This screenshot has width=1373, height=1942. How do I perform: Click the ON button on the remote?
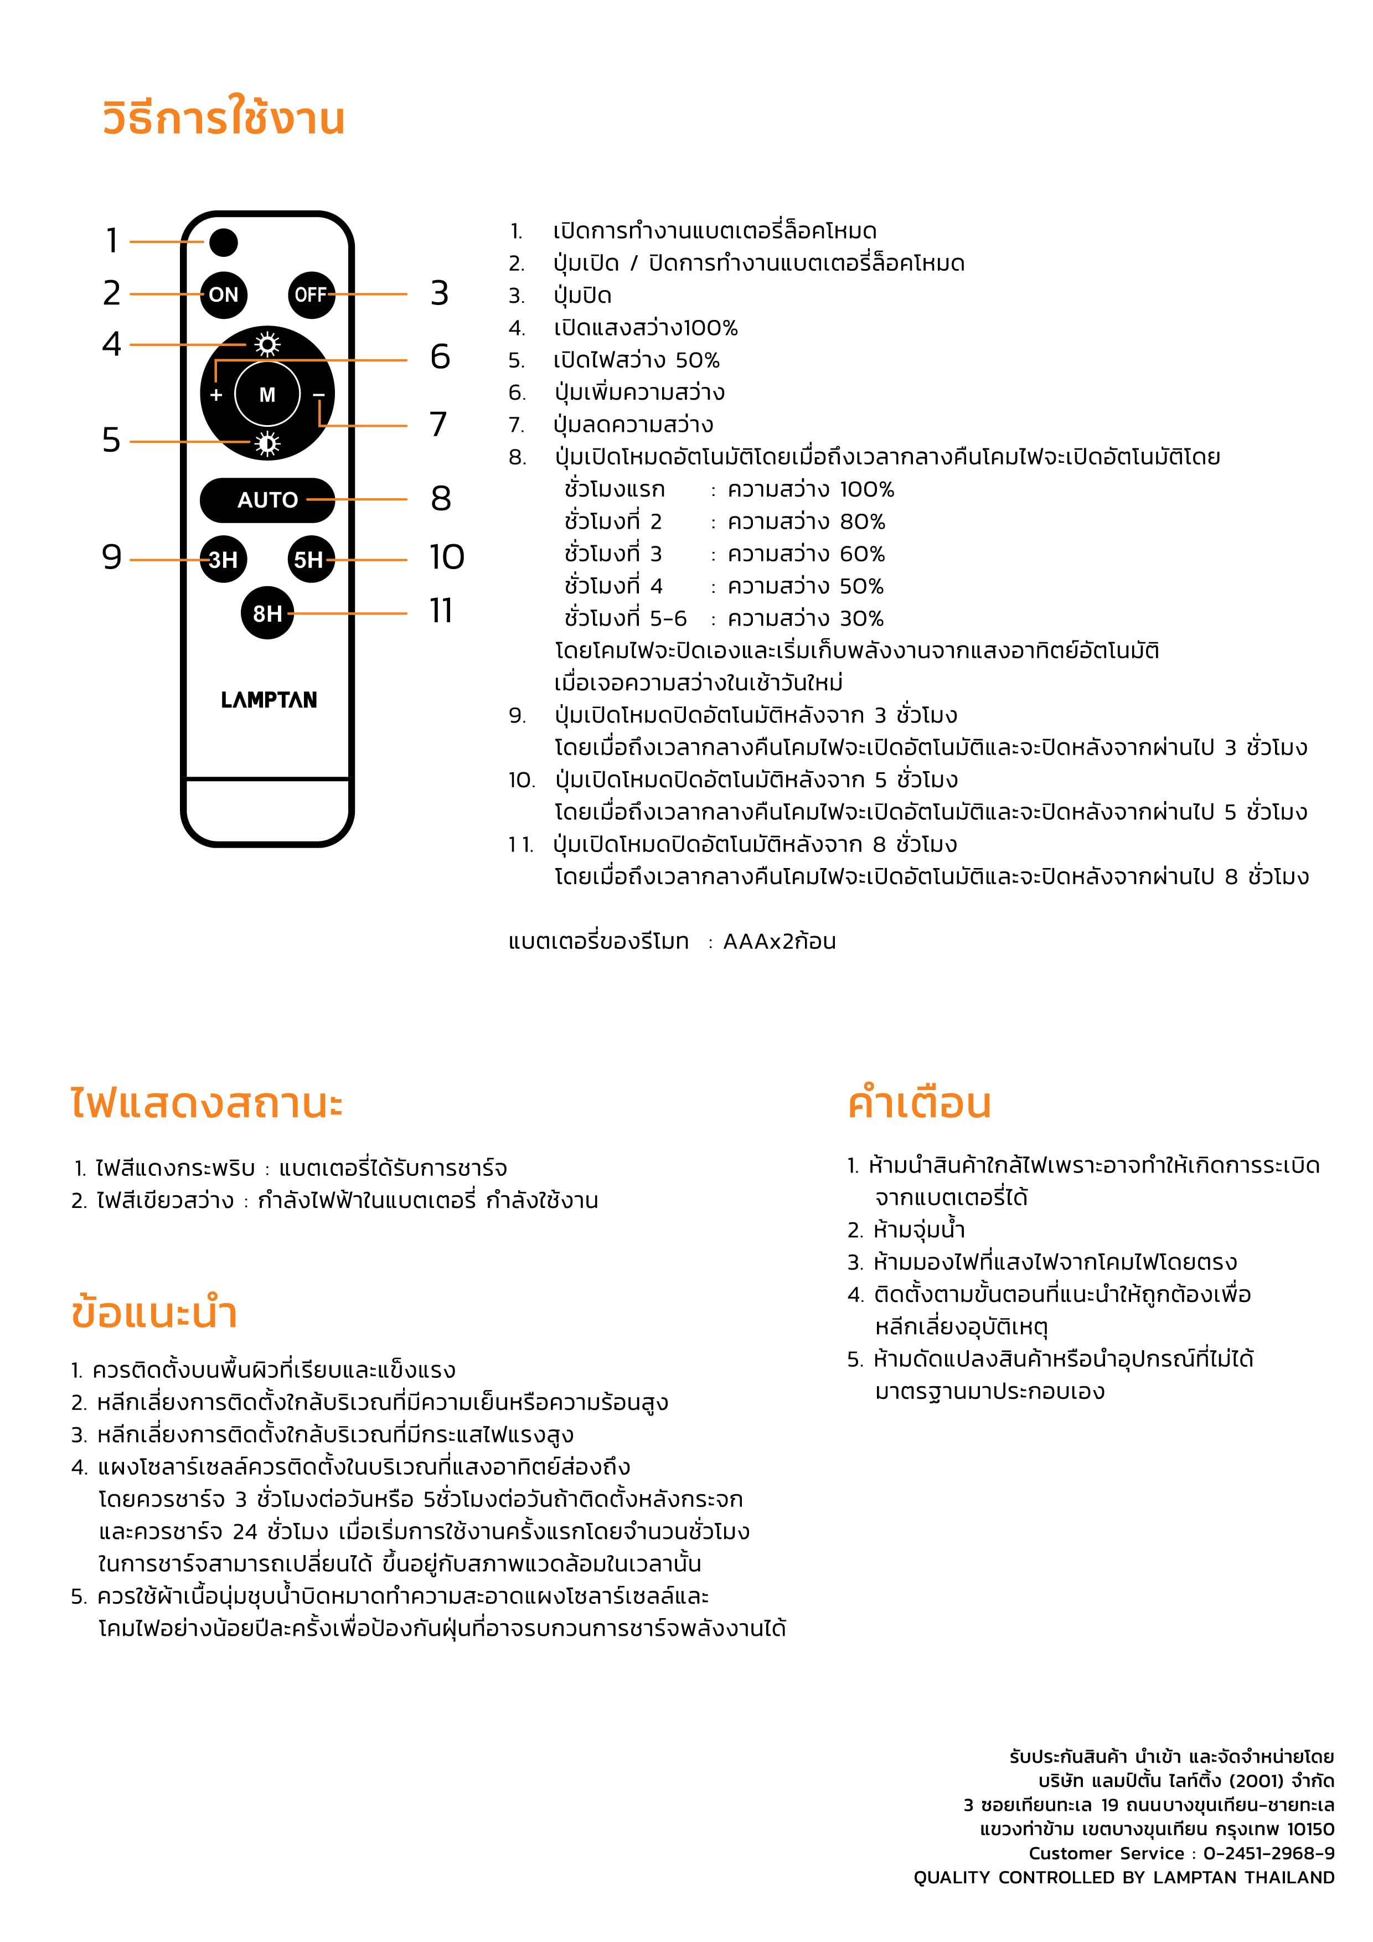click(223, 295)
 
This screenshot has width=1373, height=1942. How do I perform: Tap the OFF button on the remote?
click(311, 295)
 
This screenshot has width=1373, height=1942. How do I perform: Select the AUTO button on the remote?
click(267, 500)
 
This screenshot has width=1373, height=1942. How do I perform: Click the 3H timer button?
click(223, 559)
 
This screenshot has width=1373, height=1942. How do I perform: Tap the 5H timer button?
click(309, 559)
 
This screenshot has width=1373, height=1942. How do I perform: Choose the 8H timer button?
click(267, 613)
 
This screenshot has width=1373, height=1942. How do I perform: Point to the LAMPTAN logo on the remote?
click(269, 700)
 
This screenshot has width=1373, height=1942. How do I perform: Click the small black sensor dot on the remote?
click(223, 242)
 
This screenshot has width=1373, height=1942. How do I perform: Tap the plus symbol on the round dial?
click(216, 395)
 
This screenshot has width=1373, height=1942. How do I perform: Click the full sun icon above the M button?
click(267, 345)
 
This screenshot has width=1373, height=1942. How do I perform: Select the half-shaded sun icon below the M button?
click(267, 443)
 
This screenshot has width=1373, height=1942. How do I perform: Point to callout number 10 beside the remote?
click(447, 557)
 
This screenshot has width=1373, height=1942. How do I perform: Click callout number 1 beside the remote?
click(112, 241)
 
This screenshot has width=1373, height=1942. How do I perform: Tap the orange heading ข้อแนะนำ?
click(154, 1313)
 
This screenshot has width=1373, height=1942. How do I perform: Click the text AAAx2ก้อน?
click(779, 942)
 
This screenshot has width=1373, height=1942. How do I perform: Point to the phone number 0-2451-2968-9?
click(1268, 1853)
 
